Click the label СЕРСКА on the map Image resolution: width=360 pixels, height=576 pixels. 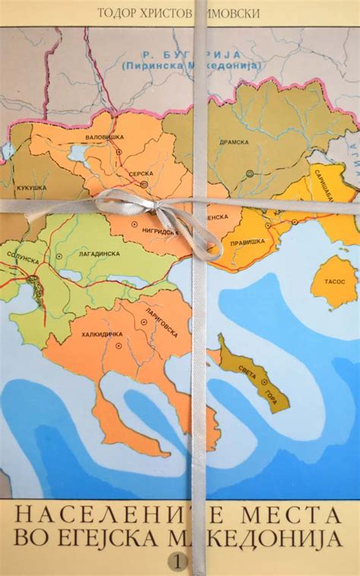point(141,174)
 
